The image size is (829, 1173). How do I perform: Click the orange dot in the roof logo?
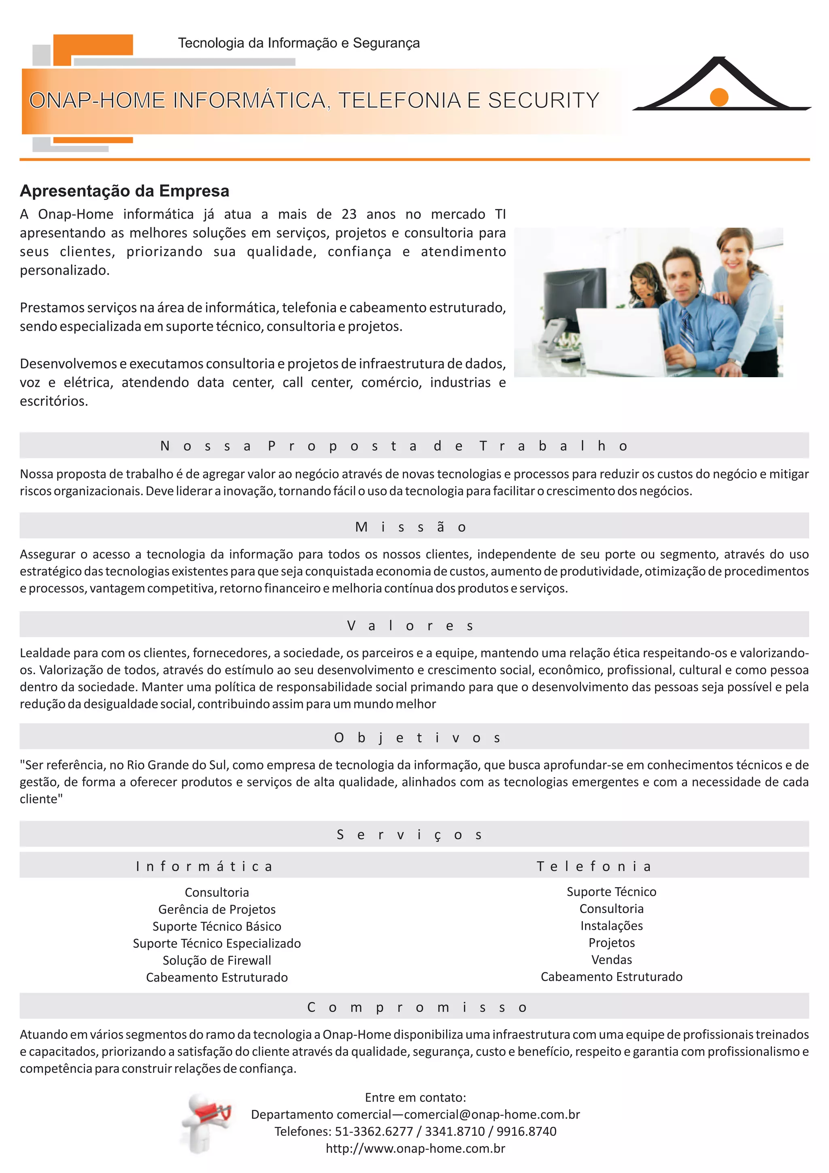click(718, 97)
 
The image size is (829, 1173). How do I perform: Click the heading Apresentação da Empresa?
click(124, 191)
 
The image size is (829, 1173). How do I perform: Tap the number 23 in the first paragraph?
click(349, 214)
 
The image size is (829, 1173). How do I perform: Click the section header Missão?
click(411, 527)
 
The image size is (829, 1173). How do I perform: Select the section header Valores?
click(411, 625)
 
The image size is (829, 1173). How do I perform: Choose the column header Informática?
click(204, 866)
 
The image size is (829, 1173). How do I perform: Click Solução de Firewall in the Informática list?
click(217, 960)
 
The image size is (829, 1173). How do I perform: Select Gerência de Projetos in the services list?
click(217, 909)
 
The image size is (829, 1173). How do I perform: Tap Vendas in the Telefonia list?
click(611, 959)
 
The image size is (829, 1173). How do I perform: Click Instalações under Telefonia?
click(611, 925)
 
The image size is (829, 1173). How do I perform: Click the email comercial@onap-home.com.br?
click(492, 1114)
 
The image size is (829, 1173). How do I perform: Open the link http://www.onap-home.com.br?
click(415, 1148)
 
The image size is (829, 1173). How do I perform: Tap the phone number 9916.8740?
click(526, 1131)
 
